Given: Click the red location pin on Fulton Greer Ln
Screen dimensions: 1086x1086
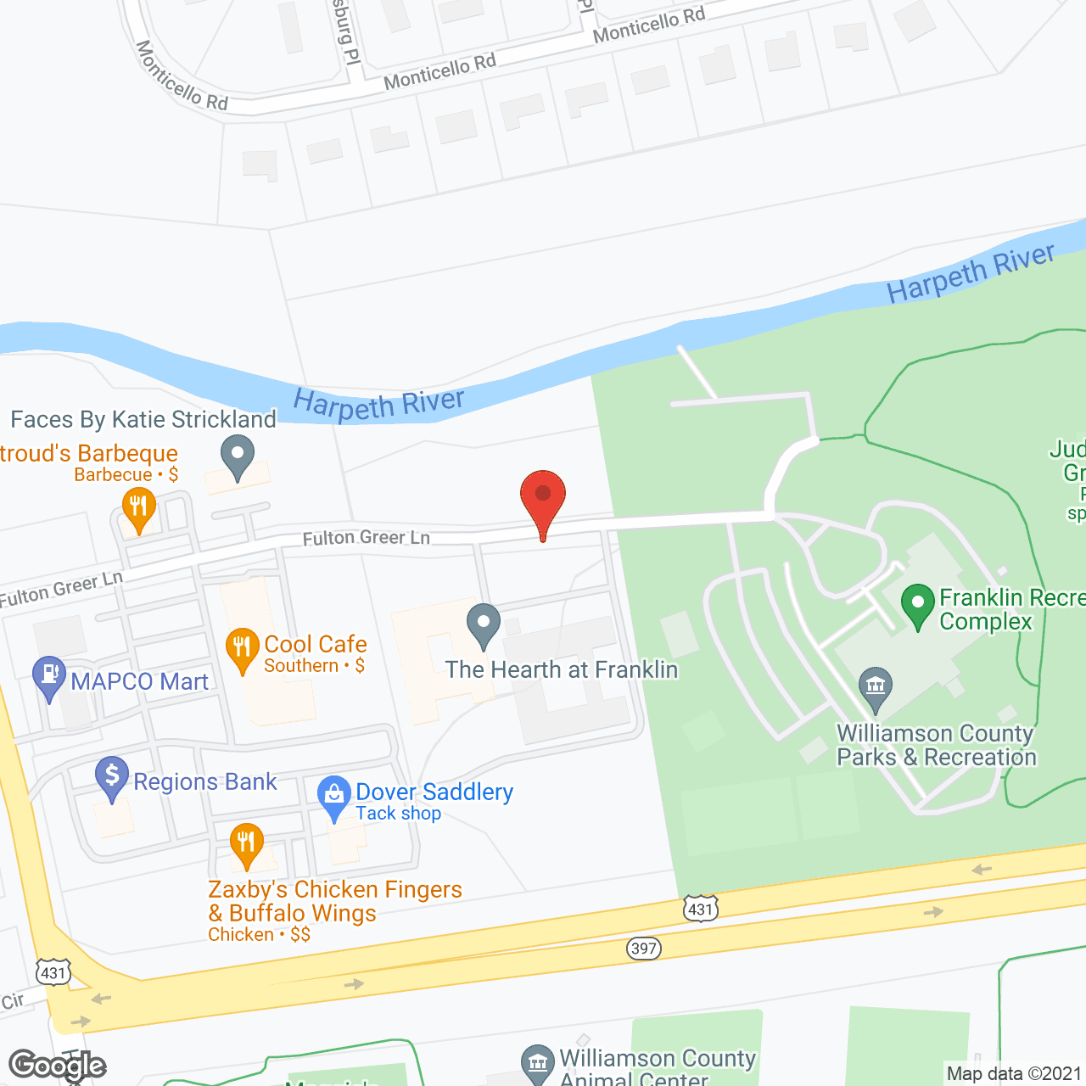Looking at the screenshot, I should [543, 496].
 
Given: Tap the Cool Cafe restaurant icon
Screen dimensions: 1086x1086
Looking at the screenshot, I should [242, 649].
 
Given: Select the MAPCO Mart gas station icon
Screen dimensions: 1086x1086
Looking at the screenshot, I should [49, 677].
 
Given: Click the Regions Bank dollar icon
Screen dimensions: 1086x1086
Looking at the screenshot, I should [112, 776].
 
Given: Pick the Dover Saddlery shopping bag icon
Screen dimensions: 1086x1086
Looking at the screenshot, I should [334, 796].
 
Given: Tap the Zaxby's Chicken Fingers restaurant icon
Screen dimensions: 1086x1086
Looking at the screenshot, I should [246, 844].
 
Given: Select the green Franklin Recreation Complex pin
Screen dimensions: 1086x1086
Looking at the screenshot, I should [917, 605].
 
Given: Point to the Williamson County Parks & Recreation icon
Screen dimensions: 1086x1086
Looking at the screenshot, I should [876, 687].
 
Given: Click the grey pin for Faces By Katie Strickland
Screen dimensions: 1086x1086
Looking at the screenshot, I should [238, 456].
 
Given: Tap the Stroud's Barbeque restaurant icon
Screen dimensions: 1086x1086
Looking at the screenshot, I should [138, 507].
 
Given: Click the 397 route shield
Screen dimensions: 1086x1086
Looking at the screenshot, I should [644, 948].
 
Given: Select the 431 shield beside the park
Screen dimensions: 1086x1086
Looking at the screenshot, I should [701, 910].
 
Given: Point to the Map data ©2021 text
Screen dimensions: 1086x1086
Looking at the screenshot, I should [1015, 1073].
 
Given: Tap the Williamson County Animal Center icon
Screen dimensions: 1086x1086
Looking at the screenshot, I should [537, 1064].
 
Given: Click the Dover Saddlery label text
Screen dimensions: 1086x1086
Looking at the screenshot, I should [434, 792].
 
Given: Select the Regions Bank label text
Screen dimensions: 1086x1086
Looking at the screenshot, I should [205, 781].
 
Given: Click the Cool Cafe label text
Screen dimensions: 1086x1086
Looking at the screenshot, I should [316, 645].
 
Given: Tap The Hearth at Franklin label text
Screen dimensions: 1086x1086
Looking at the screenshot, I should [562, 670].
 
